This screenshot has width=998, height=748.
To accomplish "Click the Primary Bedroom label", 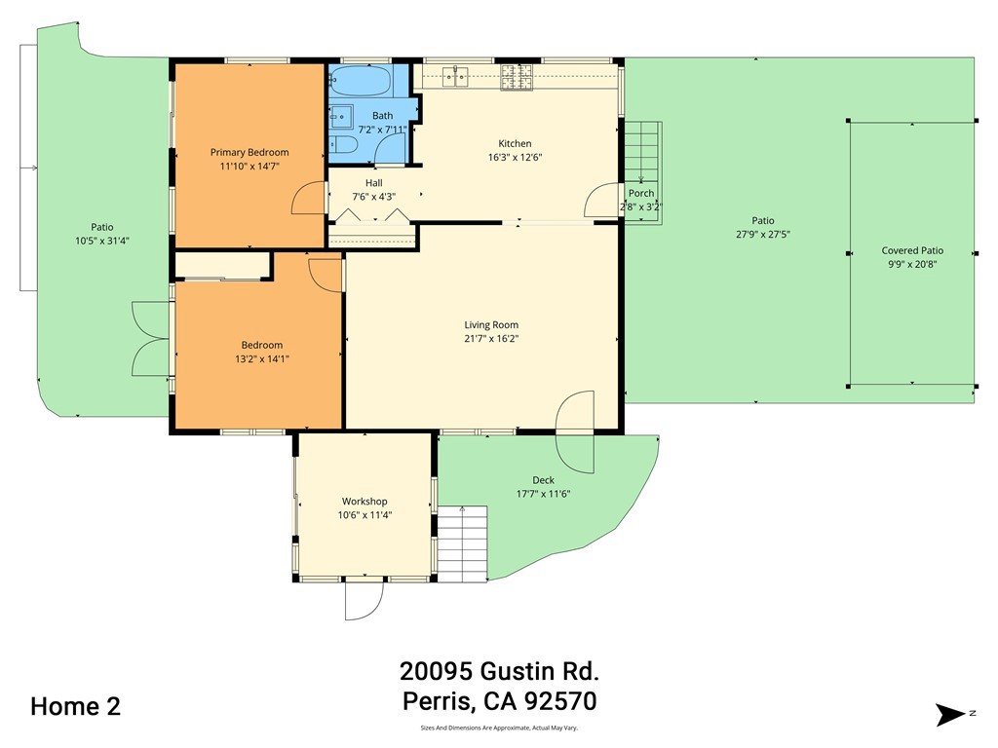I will click(x=249, y=152).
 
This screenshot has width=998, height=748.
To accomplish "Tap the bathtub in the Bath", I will click(x=360, y=79).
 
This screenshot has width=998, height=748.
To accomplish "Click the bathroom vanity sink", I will click(x=340, y=117).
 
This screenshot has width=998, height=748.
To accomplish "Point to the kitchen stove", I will click(x=518, y=74).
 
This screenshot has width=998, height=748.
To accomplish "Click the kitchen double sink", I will click(x=454, y=74).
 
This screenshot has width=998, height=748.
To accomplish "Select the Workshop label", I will click(x=364, y=502).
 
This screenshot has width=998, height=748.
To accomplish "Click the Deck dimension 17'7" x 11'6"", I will click(x=543, y=494).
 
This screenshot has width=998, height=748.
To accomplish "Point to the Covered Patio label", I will click(x=912, y=250).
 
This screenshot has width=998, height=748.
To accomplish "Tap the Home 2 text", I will click(x=75, y=706).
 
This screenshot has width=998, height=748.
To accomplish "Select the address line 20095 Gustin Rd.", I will click(x=499, y=671).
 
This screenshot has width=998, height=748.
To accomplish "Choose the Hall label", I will click(x=374, y=182).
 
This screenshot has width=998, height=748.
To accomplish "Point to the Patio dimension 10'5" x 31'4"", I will click(x=102, y=241).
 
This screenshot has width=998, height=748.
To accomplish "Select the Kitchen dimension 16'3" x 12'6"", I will click(x=515, y=157).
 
